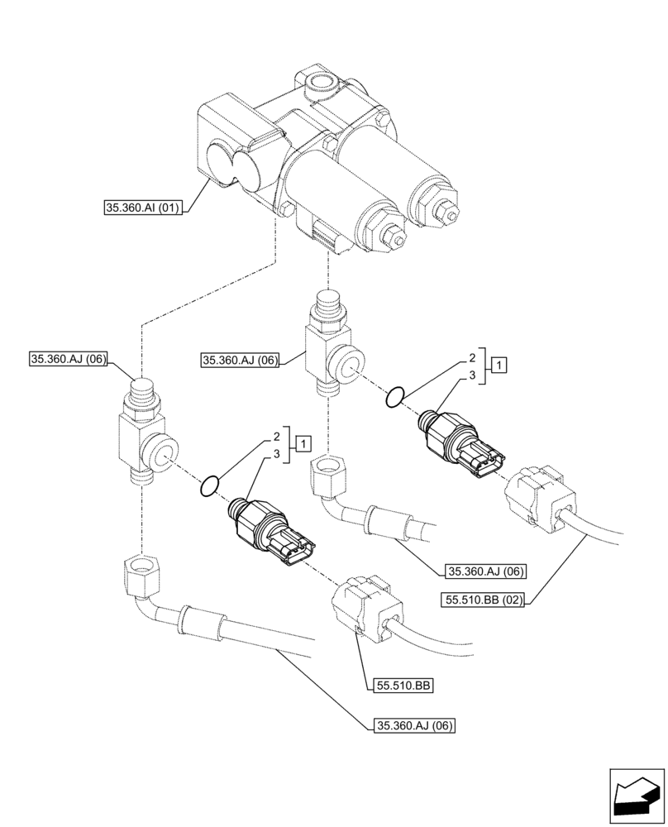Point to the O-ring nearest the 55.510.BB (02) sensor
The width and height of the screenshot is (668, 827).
[395, 398]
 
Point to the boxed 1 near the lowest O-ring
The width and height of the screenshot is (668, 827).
[304, 444]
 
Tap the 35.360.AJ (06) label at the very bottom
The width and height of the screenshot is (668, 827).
[411, 726]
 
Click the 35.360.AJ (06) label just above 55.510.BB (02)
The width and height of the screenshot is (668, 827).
[481, 571]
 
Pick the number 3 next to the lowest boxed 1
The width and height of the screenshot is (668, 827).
[276, 455]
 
